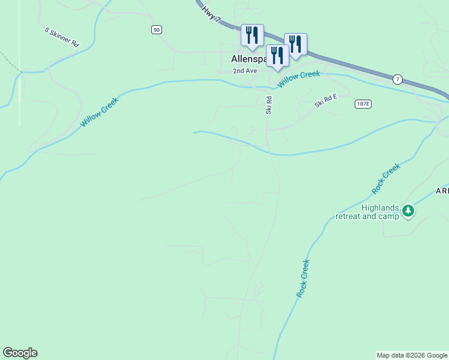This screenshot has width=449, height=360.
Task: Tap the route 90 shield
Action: tap(157, 29)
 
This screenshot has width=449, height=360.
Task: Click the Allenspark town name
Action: tap(248, 59)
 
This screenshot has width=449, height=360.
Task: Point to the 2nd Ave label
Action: tap(245, 71)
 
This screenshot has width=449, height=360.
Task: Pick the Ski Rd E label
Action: tap(326, 103)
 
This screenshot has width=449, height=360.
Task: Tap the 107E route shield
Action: tap(363, 104)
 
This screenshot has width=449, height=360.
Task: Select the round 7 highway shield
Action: tap(397, 79)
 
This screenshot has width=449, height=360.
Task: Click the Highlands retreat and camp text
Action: tap(367, 212)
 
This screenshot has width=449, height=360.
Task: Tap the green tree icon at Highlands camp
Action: tap(408, 211)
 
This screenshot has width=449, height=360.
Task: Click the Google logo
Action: tap(20, 353)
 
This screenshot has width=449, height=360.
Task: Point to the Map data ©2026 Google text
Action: tap(412, 355)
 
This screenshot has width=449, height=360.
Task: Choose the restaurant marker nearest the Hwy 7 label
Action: tap(252, 35)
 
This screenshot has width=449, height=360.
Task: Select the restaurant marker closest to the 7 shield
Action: tap(295, 44)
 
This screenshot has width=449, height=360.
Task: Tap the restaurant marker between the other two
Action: tap(277, 56)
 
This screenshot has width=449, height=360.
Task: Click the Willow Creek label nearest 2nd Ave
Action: tap(298, 78)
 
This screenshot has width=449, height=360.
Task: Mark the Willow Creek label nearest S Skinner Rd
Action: tap(100, 112)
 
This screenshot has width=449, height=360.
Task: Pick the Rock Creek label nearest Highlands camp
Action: tap(385, 179)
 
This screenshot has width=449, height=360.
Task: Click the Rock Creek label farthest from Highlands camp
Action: tap(303, 278)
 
